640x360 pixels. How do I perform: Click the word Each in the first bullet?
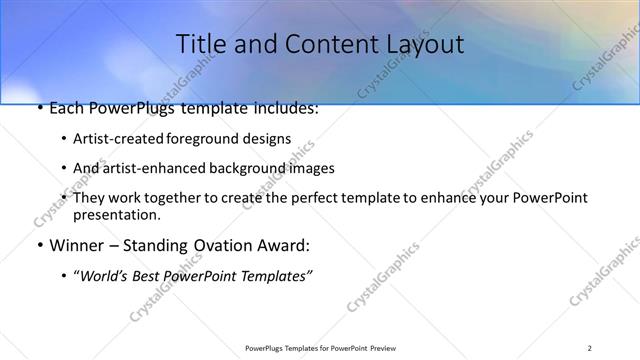click(x=67, y=108)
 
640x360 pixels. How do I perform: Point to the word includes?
click(x=285, y=108)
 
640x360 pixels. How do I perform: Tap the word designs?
click(x=267, y=139)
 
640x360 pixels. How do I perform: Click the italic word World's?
click(x=105, y=275)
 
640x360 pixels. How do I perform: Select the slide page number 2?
click(x=590, y=348)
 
